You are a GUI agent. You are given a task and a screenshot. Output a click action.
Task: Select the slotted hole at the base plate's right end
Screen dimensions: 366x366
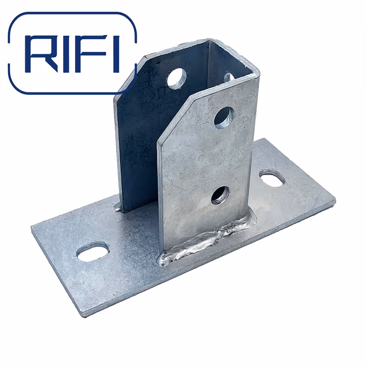272,178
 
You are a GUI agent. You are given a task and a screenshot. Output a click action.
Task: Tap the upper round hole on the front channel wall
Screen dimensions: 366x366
224,117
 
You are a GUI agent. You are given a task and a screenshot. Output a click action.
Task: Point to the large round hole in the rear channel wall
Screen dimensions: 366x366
176,78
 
